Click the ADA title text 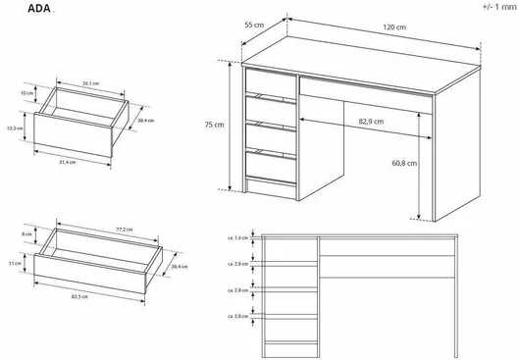pyautogui.click(x=22, y=9)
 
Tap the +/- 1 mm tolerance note pyautogui.click(x=497, y=7)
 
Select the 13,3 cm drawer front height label pyautogui.click(x=14, y=128)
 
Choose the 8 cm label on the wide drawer pyautogui.click(x=26, y=235)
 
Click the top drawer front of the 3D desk pyautogui.click(x=270, y=82)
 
